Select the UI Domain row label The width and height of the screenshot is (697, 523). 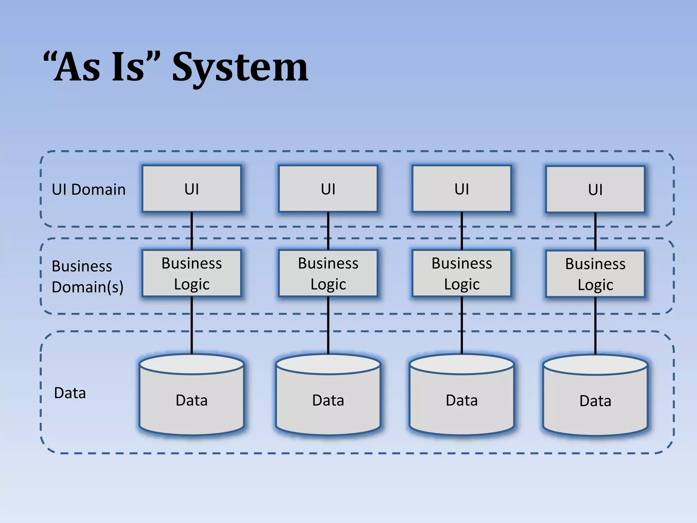(x=88, y=190)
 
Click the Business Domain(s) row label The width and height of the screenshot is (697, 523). (x=87, y=276)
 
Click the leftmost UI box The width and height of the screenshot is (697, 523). (x=192, y=189)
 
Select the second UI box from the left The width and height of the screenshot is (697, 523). (x=328, y=189)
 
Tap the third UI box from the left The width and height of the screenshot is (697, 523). (x=461, y=189)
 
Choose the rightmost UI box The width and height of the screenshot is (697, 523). (x=595, y=190)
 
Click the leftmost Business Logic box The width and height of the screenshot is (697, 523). (x=192, y=273)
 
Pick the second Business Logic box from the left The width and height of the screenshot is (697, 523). (x=328, y=273)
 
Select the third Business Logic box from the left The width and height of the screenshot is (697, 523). (x=461, y=273)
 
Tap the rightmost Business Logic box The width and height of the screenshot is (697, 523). (x=595, y=274)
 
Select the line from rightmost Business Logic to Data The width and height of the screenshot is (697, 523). (x=595, y=325)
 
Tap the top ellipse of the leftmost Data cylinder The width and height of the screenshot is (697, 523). (x=192, y=364)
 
